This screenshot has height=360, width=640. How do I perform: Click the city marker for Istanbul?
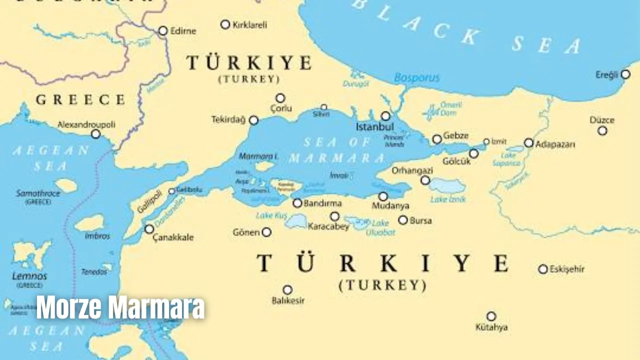pyautogui.click(x=385, y=116)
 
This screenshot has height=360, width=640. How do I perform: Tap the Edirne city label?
pyautogui.click(x=183, y=30)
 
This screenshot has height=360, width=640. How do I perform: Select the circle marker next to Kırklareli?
pyautogui.click(x=225, y=24)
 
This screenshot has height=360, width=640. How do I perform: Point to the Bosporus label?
pyautogui.click(x=416, y=77)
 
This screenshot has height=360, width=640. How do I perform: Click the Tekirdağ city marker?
pyautogui.click(x=254, y=120)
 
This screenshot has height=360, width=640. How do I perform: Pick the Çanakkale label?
pyautogui.click(x=173, y=237)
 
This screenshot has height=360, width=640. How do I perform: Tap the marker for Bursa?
pyautogui.click(x=403, y=220)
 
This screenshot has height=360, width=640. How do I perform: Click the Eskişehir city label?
pyautogui.click(x=567, y=269)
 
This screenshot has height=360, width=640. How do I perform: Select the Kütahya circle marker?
pyautogui.click(x=491, y=316)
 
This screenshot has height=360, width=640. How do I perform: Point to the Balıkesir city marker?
pyautogui.click(x=287, y=290)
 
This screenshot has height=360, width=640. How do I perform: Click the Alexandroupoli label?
pyautogui.click(x=86, y=124)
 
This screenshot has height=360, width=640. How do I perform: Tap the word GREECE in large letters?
pyautogui.click(x=80, y=99)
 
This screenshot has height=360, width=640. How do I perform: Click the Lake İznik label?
pyautogui.click(x=448, y=199)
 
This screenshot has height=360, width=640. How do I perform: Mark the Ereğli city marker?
pyautogui.click(x=625, y=74)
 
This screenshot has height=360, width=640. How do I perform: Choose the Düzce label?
pyautogui.click(x=602, y=120)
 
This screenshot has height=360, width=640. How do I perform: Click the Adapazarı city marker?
pyautogui.click(x=528, y=143)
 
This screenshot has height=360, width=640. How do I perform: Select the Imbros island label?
pyautogui.click(x=97, y=236)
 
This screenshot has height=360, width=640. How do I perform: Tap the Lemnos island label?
pyautogui.click(x=29, y=276)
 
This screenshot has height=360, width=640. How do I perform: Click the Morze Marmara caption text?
pyautogui.click(x=120, y=307)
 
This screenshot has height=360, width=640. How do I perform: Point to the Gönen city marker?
pyautogui.click(x=266, y=232)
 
